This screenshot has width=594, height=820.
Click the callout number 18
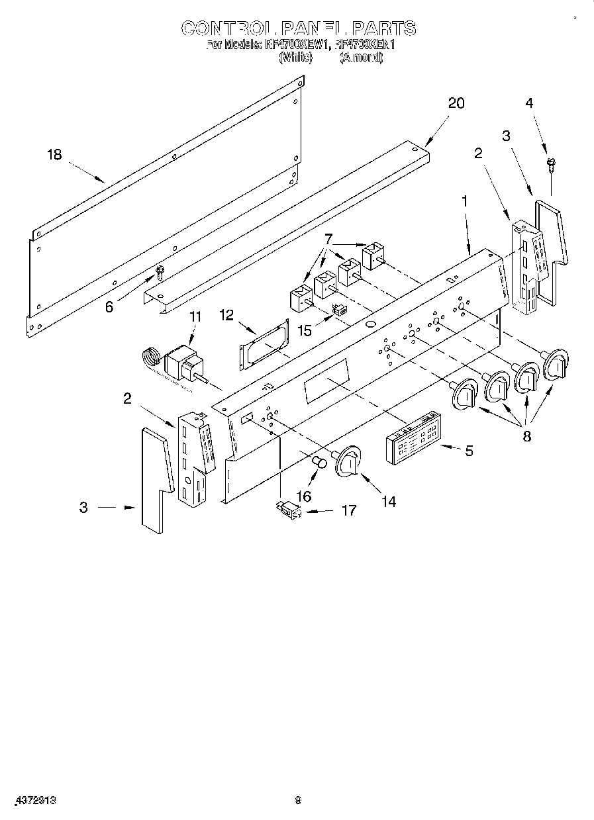pyautogui.click(x=54, y=155)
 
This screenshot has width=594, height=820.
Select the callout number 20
pyautogui.click(x=456, y=103)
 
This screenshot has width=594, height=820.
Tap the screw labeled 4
pyautogui.click(x=550, y=163)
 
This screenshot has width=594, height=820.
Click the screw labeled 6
pyautogui.click(x=159, y=271)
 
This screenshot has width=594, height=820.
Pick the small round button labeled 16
pyautogui.click(x=319, y=461)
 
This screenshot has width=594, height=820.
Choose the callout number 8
pyautogui.click(x=527, y=437)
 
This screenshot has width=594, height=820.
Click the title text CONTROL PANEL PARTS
pyautogui.click(x=298, y=28)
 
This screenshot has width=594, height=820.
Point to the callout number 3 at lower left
pyautogui.click(x=83, y=508)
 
